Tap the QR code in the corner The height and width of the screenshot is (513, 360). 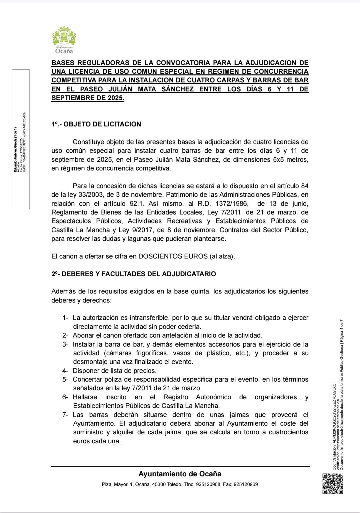click(x=333, y=484)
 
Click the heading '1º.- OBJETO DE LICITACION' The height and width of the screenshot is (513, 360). click(x=96, y=124)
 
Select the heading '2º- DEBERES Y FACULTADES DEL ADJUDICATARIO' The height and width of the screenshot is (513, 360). click(x=133, y=274)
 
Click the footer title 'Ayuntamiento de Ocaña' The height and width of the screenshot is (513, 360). click(x=180, y=474)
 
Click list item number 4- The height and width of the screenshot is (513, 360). click(x=65, y=371)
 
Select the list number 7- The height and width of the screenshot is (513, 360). click(x=65, y=415)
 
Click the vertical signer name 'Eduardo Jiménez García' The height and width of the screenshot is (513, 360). click(x=15, y=150)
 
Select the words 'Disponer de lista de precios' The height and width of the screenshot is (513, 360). click(x=115, y=371)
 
